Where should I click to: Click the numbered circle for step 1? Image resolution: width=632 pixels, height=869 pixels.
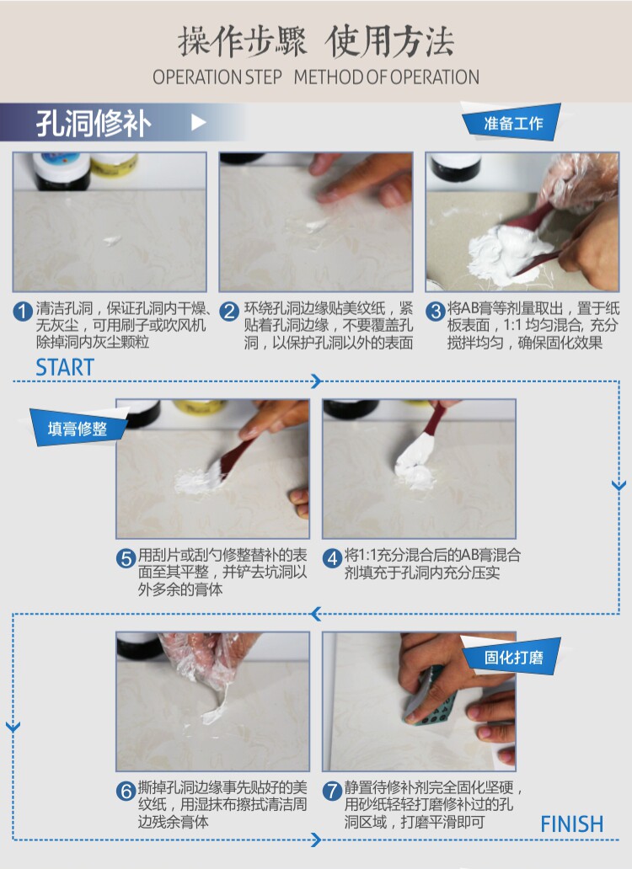click(23, 311)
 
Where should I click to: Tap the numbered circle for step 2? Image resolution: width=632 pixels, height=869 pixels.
click(229, 311)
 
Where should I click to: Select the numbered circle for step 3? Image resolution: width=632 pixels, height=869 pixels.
click(435, 311)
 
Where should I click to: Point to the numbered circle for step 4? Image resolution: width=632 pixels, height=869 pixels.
click(332, 557)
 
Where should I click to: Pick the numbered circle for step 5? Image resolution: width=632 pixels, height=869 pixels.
click(126, 557)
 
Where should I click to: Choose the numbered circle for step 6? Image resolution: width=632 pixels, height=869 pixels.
click(126, 791)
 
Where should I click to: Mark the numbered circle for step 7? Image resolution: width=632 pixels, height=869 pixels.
click(332, 791)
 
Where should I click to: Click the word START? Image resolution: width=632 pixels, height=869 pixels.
click(65, 367)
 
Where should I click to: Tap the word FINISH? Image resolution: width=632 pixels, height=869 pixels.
click(571, 824)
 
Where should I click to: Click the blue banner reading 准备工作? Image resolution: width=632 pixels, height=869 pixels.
click(512, 121)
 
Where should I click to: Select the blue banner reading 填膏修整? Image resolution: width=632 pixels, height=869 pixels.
click(78, 428)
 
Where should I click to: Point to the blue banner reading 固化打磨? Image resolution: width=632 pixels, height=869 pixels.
click(512, 657)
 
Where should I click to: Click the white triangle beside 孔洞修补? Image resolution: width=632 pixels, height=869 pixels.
click(198, 122)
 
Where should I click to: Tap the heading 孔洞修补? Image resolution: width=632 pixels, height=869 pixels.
click(94, 123)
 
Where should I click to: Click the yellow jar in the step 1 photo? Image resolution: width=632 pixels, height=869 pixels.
click(114, 164)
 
